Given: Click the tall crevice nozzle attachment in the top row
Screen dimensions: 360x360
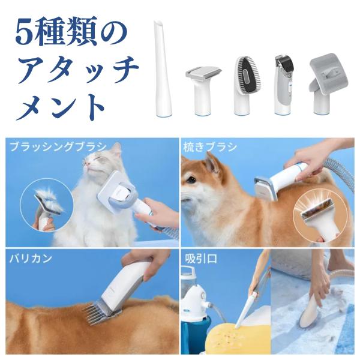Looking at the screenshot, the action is click(163, 69).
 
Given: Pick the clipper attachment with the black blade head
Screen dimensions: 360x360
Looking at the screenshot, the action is click(284, 85).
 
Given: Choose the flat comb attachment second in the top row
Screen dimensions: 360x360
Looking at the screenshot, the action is click(203, 91).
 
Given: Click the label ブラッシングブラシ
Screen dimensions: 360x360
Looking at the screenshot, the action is click(58, 147).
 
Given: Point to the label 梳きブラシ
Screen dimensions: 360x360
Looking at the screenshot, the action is click(210, 147).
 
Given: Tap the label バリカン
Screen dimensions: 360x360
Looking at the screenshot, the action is click(31, 259).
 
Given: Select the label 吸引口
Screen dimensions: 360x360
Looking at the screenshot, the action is click(201, 259).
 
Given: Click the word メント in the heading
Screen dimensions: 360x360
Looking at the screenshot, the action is click(60, 107).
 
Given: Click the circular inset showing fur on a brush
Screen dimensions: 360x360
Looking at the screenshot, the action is click(47, 205).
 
